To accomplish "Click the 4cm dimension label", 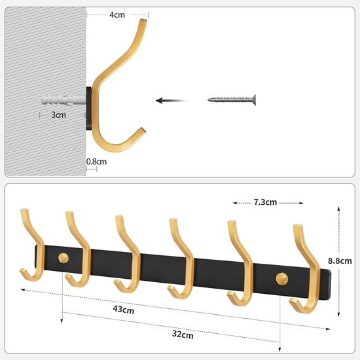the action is (x=117, y=14).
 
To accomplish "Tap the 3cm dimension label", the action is (x=58, y=115).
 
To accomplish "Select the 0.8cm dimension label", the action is (x=96, y=162).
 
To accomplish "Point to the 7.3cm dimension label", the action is (x=265, y=202).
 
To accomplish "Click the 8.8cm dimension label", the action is (x=340, y=261).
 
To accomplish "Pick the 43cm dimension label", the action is (x=124, y=310).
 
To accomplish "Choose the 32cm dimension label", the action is (x=183, y=334).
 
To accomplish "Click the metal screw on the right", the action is (x=232, y=100).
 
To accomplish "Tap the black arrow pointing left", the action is (x=171, y=100).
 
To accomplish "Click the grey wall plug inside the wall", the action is (x=63, y=100).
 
